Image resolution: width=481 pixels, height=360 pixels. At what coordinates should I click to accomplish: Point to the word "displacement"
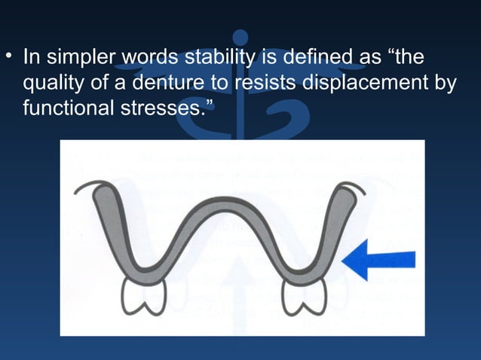tap(365, 83)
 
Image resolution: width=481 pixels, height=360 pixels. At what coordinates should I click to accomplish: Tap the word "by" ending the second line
tap(445, 83)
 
